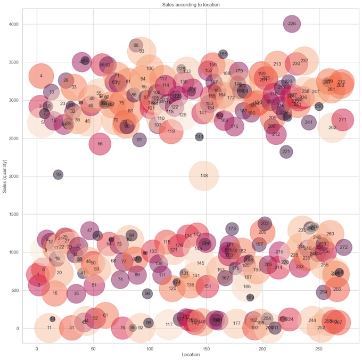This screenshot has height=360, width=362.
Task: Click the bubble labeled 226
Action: pyautogui.click(x=292, y=23)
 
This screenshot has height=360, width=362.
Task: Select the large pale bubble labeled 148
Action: pyautogui.click(x=204, y=176)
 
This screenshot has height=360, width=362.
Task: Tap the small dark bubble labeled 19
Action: pyautogui.click(x=58, y=175)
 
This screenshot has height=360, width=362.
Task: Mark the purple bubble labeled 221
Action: pyautogui.click(x=286, y=152)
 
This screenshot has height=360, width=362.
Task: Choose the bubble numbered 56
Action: pyautogui.click(x=100, y=144)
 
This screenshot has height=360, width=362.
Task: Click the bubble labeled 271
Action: pyautogui.click(x=342, y=120)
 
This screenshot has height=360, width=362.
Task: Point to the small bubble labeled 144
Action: pyautogui.click(x=200, y=137)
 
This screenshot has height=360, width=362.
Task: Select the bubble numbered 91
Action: pyautogui.click(x=139, y=140)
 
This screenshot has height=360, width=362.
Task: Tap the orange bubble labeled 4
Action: pyautogui.click(x=41, y=76)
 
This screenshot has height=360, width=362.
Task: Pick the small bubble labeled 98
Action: pyautogui.click(x=147, y=293)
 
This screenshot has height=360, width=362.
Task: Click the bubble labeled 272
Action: pyautogui.click(x=344, y=247)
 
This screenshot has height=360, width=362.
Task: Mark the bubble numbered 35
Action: pyautogui.click(x=76, y=293)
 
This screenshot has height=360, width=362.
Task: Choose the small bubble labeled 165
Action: pyautogui.click(x=223, y=54)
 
